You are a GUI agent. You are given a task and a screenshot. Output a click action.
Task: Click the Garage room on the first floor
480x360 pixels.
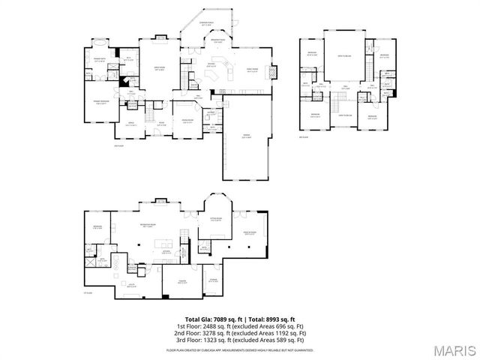tap(245, 139)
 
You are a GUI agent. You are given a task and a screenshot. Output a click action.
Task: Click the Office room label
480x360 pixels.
tap(130, 124)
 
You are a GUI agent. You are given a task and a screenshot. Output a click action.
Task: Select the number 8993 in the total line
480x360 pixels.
tap(266, 319)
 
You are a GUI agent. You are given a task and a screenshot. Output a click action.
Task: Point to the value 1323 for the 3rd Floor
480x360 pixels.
tap(212, 340)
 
